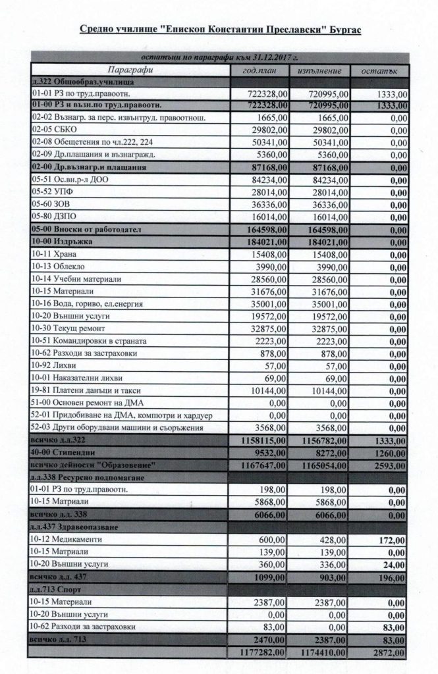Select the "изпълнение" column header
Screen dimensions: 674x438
[x=319, y=70]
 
